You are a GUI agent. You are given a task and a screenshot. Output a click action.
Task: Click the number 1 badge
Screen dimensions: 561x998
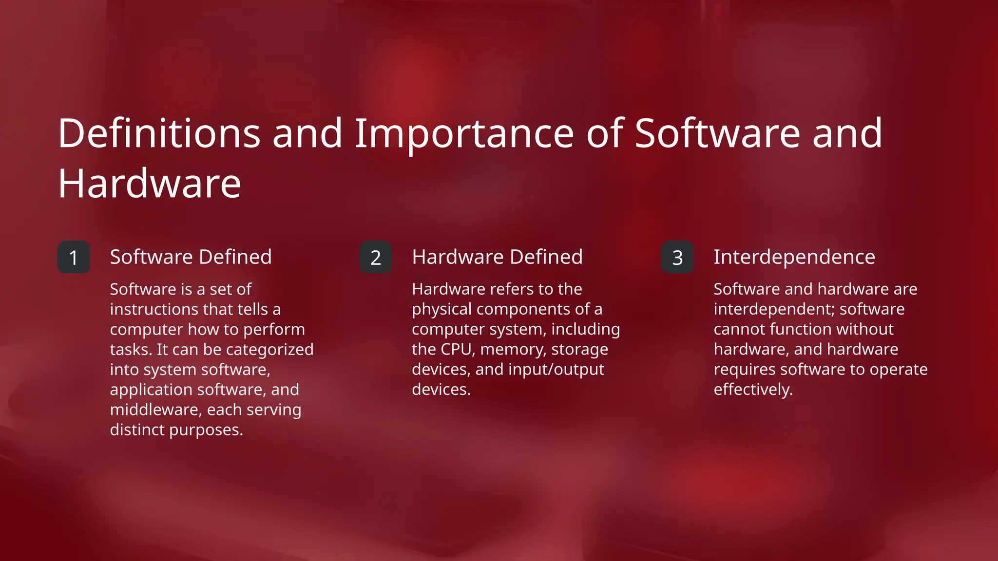click(x=74, y=257)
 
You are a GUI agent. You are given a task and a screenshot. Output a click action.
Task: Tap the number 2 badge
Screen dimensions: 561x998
click(x=375, y=257)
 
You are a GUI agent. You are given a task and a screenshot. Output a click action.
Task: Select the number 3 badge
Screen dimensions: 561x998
click(x=677, y=257)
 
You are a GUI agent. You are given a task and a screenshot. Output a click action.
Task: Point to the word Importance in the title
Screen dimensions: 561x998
click(x=464, y=134)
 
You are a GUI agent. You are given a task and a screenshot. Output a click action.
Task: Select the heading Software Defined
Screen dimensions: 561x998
click(x=191, y=257)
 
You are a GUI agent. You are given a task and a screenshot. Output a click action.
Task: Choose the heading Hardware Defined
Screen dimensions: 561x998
click(x=497, y=257)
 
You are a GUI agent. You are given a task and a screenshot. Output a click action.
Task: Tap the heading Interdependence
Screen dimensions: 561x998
click(x=794, y=257)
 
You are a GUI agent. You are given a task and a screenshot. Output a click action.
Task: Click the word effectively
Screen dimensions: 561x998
click(x=753, y=390)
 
